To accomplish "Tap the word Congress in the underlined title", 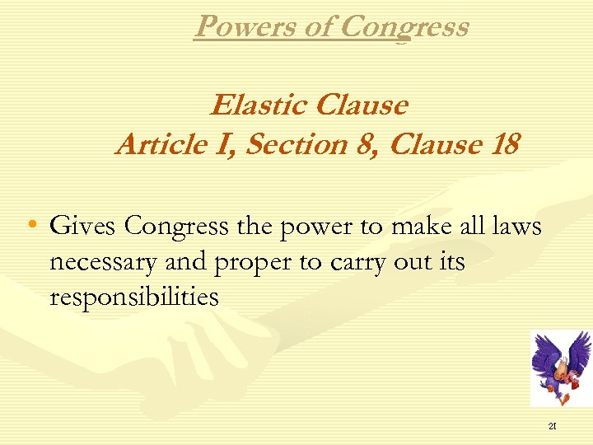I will pos(404,26).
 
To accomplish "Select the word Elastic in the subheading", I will pos(257,105).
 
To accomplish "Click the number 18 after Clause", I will pos(503,144).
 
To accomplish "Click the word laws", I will pos(515,225).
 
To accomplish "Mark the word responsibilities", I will pos(134,297).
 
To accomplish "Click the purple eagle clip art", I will pos(560,367).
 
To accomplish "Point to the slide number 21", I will pos(553,426).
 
